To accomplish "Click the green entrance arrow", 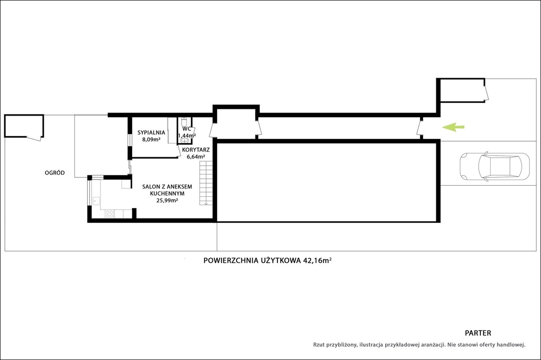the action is click(x=453, y=127).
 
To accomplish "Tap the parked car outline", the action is click(x=495, y=167).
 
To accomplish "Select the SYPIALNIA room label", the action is click(x=151, y=132).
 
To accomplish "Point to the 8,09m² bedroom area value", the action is click(x=151, y=140).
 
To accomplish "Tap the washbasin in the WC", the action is click(x=185, y=140).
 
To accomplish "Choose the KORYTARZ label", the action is click(x=195, y=150).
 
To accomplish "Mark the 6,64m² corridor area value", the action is click(x=195, y=157).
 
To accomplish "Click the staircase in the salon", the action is click(x=206, y=184).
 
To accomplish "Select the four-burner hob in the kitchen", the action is click(x=109, y=214).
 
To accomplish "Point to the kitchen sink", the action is click(x=96, y=201).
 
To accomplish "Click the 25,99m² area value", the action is click(x=167, y=201).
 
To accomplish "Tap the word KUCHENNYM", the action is click(x=167, y=193).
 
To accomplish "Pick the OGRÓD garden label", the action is click(x=54, y=173).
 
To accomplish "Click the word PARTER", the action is click(x=478, y=333).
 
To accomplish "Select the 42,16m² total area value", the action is click(x=318, y=260).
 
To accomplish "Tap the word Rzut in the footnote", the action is click(x=319, y=345).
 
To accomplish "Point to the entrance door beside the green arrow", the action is click(x=419, y=128).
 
